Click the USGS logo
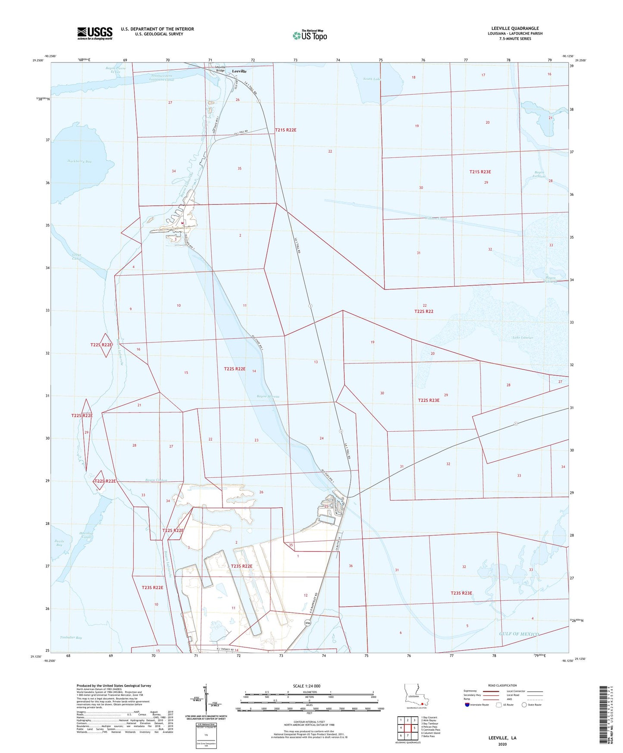(x=95, y=33)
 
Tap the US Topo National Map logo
(x=310, y=35)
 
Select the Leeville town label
(x=239, y=71)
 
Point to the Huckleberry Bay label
(x=79, y=161)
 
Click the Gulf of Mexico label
(x=519, y=634)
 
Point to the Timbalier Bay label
(x=71, y=637)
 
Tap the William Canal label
(x=435, y=219)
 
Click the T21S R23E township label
(x=480, y=172)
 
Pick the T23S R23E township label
(x=461, y=593)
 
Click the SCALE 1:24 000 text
(x=307, y=686)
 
